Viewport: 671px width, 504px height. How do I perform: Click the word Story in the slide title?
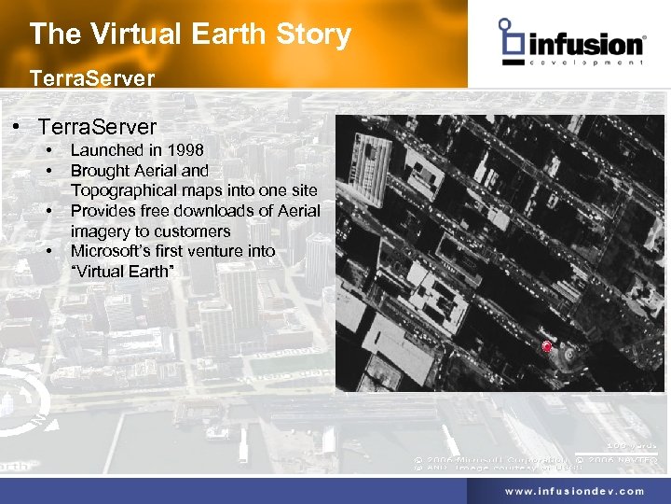(x=311, y=35)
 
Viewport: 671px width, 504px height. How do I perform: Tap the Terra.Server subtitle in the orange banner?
(x=91, y=77)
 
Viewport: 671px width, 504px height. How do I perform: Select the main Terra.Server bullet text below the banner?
(x=98, y=126)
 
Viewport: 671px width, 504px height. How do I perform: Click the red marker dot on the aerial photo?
(x=547, y=348)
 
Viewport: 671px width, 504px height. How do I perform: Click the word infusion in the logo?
(x=586, y=45)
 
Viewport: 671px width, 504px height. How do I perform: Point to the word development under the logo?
(x=586, y=63)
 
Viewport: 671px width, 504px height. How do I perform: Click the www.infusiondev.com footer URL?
(x=574, y=491)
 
